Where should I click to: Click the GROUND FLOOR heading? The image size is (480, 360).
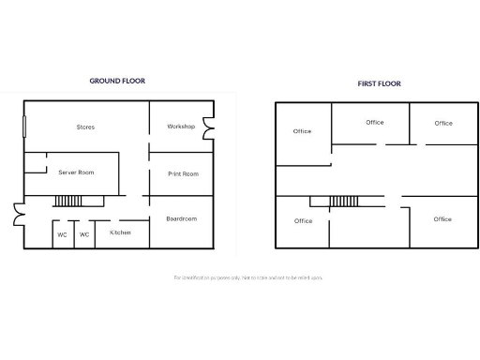117,81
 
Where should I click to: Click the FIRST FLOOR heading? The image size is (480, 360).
379,83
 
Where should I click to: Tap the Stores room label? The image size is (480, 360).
85,127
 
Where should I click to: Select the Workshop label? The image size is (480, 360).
181,127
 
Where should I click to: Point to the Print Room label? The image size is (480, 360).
183,173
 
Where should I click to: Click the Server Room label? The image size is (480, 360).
76,172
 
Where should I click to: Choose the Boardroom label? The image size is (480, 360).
182,218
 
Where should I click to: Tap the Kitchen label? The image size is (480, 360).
120,232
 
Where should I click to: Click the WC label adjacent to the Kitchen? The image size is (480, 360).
84,234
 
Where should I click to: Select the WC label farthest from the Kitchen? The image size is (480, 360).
62,234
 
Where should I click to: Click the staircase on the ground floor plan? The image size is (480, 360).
69,201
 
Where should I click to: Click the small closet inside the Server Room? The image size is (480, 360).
36,164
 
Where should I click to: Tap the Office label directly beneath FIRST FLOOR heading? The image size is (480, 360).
375,122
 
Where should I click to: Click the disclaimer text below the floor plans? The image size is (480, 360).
248,277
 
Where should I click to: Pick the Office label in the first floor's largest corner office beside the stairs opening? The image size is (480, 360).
442,218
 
